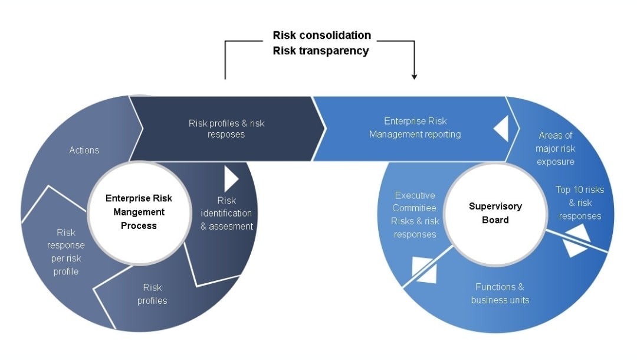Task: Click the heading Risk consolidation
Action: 321,35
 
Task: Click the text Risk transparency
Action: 320,51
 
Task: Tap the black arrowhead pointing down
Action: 414,76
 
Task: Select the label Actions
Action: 84,150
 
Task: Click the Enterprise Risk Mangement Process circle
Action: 139,212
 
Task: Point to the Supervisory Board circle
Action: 495,213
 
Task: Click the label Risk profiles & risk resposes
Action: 226,129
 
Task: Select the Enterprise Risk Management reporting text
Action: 415,128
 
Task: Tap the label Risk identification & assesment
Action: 226,213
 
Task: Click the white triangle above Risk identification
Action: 231,179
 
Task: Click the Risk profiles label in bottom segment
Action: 152,294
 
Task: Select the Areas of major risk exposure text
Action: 555,149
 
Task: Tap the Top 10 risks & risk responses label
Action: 580,203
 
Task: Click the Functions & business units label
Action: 500,293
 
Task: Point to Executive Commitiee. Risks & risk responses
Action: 415,215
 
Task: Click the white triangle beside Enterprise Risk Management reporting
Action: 501,128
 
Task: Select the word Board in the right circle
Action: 495,220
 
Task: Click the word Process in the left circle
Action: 139,225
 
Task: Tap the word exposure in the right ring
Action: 555,162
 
